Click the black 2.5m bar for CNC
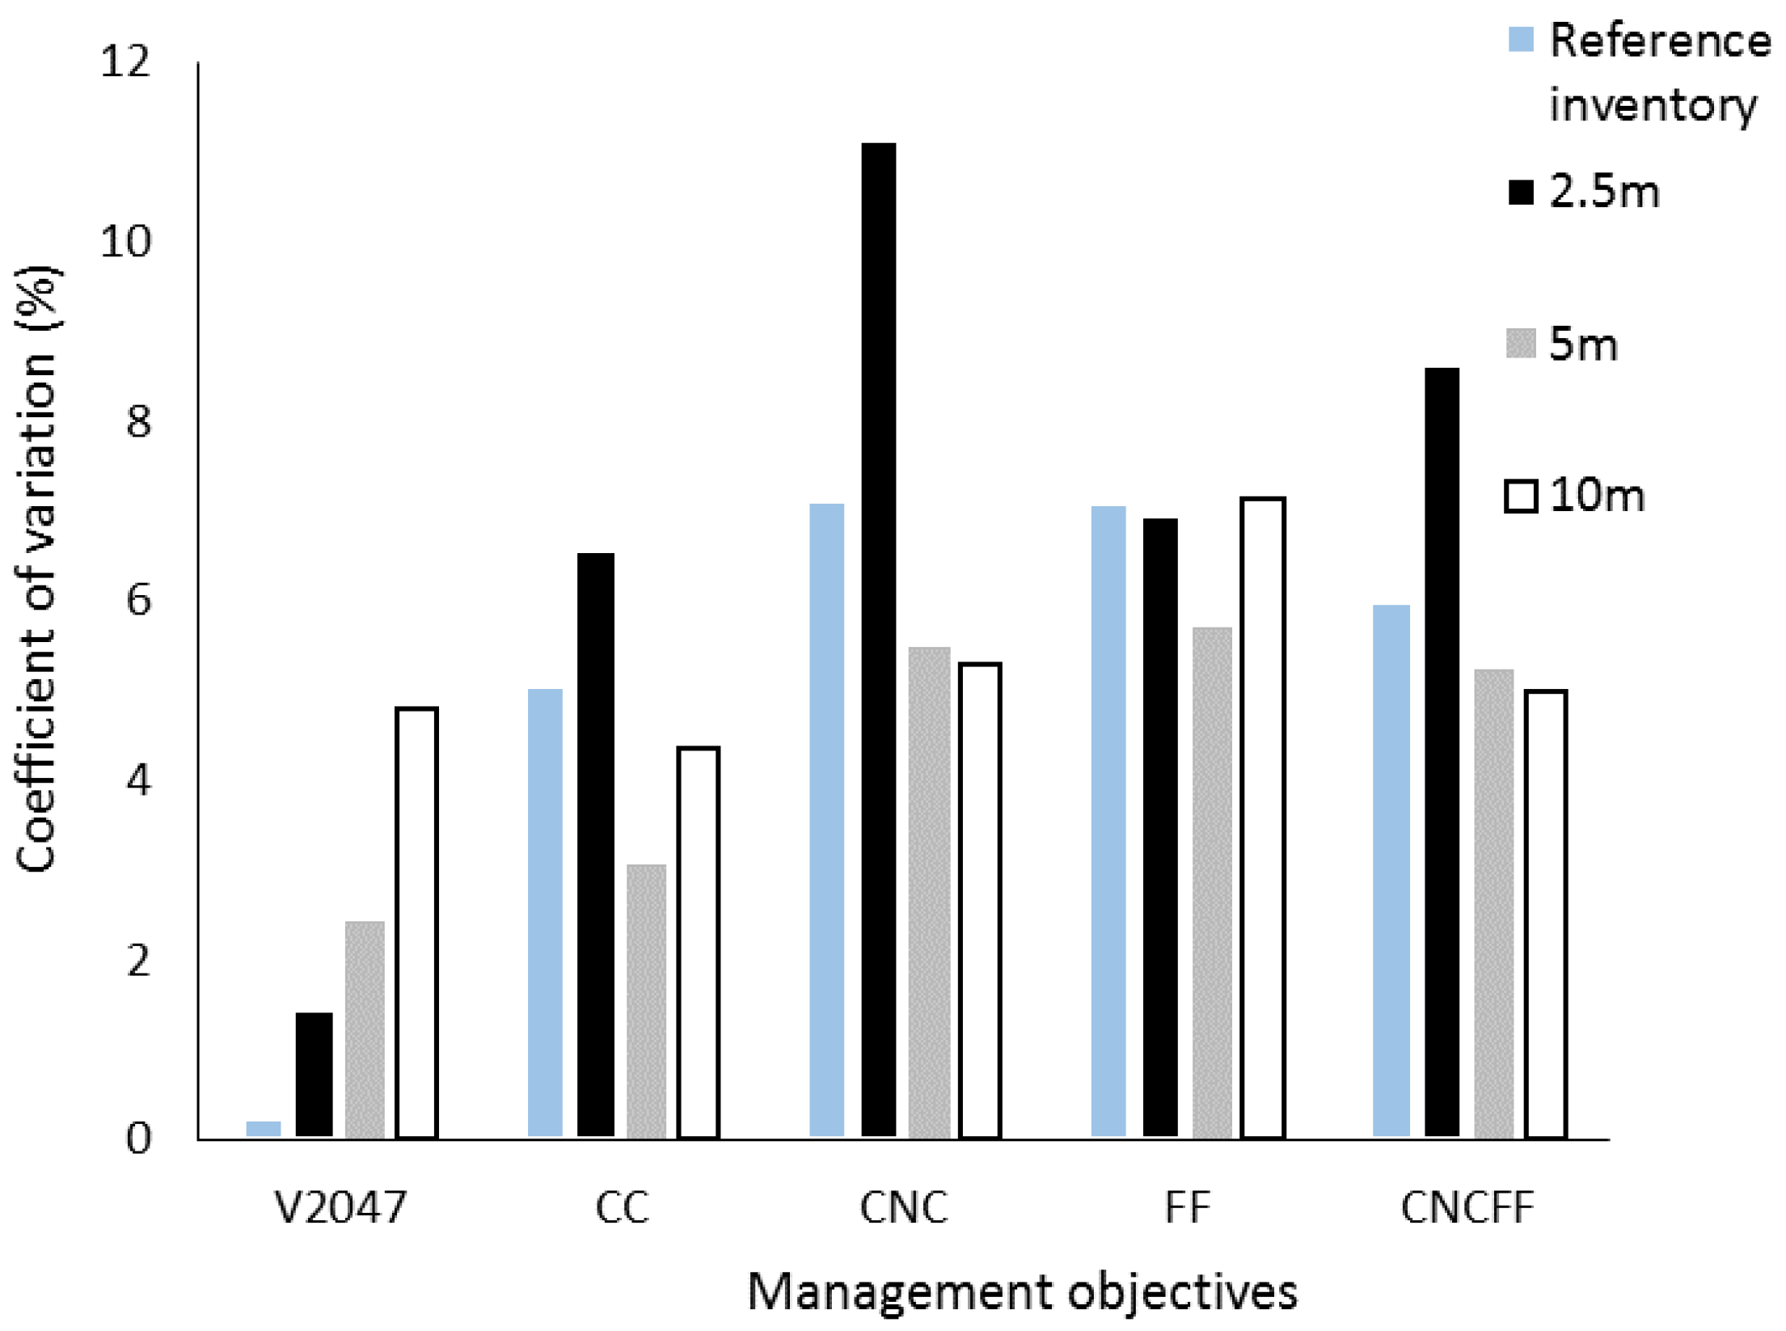878,639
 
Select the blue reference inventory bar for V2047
263,1129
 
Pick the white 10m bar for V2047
416,923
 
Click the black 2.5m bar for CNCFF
1442,752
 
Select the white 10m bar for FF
1263,818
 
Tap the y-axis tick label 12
125,61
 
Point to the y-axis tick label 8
138,421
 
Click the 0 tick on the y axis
138,1139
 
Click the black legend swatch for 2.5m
1520,192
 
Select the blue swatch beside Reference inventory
1520,40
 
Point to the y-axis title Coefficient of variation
36,569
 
